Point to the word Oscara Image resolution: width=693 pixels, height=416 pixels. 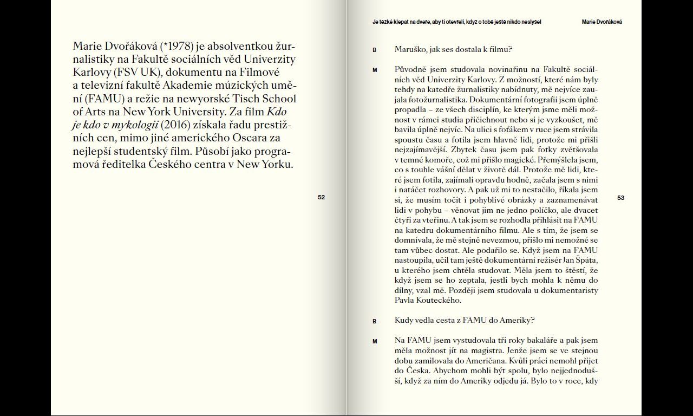(x=252, y=139)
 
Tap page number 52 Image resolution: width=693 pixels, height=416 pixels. (x=321, y=198)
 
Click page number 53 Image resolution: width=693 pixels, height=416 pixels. (x=620, y=198)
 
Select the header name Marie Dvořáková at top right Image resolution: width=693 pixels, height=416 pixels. (x=602, y=22)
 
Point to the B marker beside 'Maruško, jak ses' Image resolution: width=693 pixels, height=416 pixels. (x=374, y=50)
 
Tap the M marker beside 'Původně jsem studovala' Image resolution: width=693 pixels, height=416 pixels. (x=374, y=70)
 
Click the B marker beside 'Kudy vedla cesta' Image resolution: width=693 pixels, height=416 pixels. (x=374, y=321)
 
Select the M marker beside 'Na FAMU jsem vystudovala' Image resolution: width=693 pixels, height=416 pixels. (x=374, y=341)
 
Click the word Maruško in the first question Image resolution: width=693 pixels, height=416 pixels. (x=411, y=50)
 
